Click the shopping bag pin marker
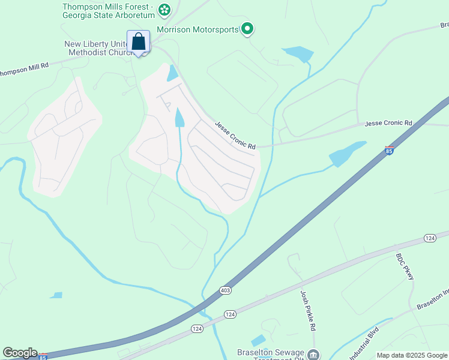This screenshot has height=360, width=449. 139,42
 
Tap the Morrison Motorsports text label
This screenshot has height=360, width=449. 197,29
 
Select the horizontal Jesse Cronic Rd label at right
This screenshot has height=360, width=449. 389,123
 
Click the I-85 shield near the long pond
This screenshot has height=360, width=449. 389,150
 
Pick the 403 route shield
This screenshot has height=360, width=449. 226,290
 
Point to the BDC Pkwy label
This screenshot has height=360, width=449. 405,266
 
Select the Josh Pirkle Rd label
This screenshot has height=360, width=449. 308,311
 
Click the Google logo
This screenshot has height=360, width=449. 20,353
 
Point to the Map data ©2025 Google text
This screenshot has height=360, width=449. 411,355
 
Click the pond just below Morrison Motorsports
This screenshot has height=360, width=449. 298,54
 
